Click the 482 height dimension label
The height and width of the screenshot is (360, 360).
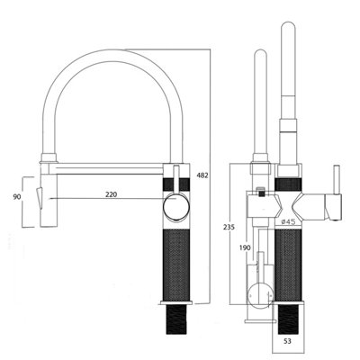point(202,175)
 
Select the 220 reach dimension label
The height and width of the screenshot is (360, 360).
point(111,194)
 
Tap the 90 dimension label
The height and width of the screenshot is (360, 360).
point(17,197)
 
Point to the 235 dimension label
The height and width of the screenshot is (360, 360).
point(229,227)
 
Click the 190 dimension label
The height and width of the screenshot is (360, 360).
point(245,247)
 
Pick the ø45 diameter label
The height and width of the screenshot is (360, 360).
point(287,221)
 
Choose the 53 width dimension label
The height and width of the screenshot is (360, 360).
point(287,341)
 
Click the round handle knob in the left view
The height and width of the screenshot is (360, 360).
point(176,208)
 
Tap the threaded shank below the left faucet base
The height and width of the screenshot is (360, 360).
point(176,319)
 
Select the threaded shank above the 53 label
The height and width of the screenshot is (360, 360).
point(288,319)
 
